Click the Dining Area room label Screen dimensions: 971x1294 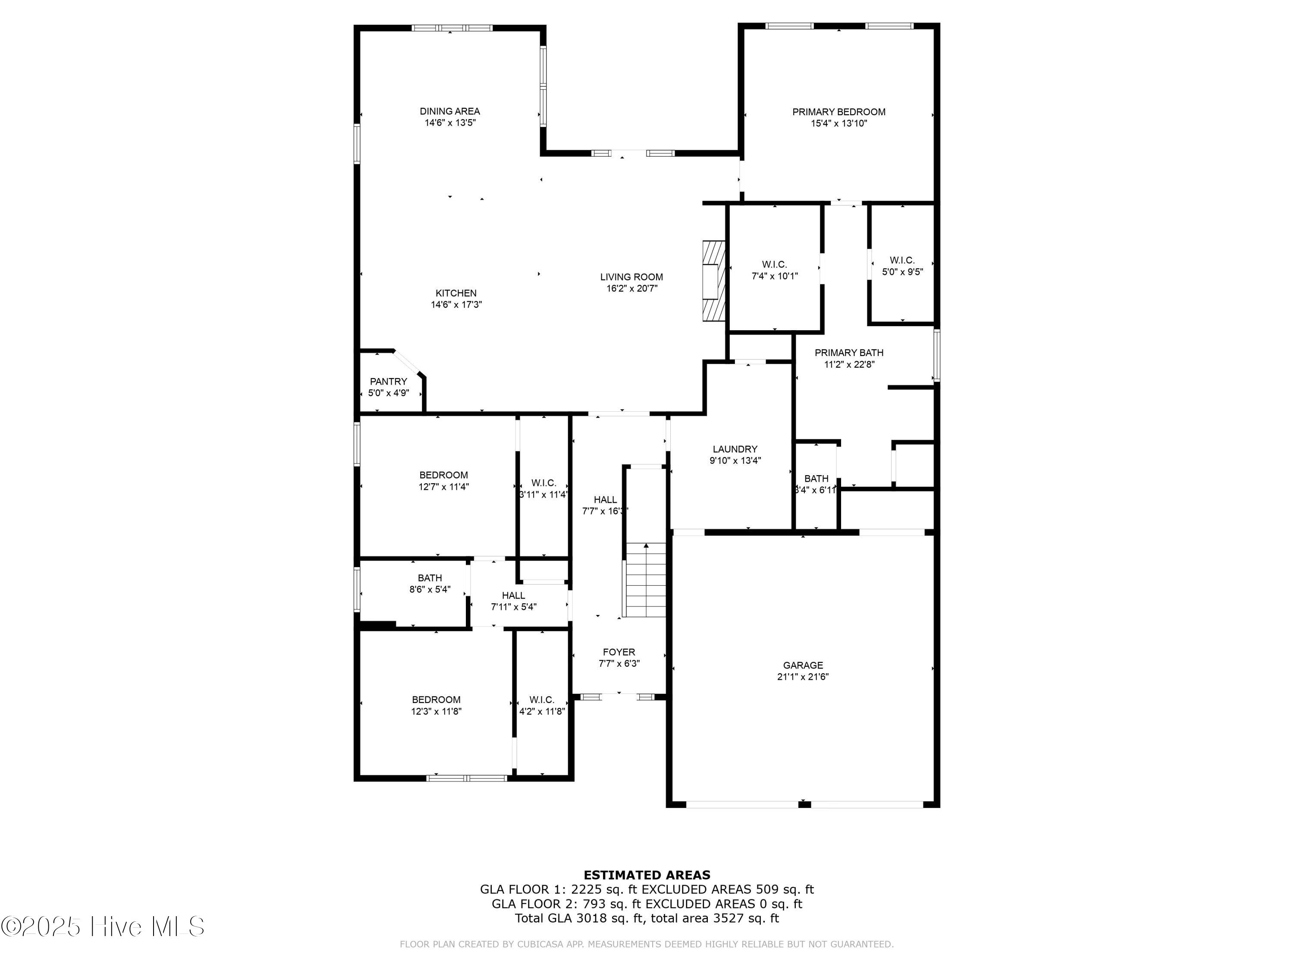[x=449, y=111]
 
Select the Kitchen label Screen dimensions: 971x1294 [x=456, y=293]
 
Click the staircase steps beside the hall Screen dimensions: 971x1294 [x=646, y=580]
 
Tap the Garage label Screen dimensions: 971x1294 [x=803, y=665]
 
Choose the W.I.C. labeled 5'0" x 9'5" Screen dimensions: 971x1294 [x=901, y=266]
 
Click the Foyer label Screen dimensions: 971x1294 [x=619, y=652]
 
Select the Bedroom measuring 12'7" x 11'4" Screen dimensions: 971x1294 [x=443, y=480]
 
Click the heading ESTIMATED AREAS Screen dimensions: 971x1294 [x=647, y=875]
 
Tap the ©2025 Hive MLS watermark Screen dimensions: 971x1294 [x=103, y=927]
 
